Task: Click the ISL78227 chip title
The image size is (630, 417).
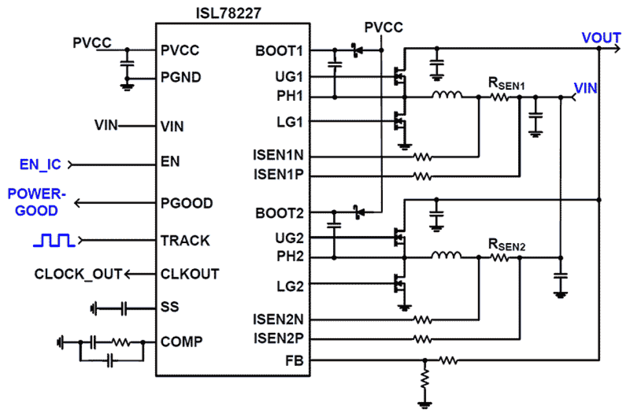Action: (228, 14)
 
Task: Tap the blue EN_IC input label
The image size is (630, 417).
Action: (40, 164)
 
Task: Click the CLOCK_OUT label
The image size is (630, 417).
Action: (78, 274)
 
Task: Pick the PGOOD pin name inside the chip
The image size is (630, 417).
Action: (187, 203)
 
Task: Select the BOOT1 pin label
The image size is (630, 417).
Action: (279, 51)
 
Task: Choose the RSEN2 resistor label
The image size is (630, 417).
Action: (507, 245)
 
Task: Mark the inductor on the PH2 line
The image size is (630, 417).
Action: (446, 257)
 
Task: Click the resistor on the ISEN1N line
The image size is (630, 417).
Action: (422, 157)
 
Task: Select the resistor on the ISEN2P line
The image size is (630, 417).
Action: (422, 339)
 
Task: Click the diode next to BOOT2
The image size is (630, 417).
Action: (358, 213)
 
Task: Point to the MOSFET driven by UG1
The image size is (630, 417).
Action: (400, 75)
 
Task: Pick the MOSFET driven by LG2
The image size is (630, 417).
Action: (400, 285)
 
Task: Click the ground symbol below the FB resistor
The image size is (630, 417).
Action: (425, 403)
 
